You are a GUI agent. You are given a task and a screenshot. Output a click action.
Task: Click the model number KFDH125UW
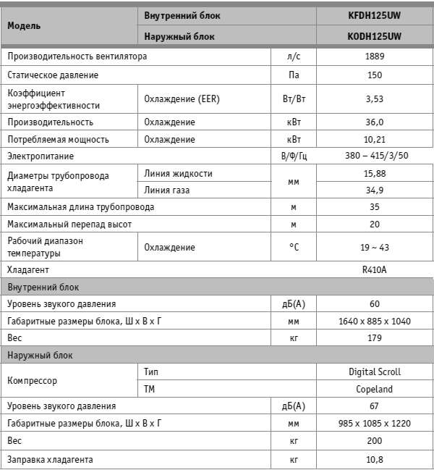[x=374, y=14]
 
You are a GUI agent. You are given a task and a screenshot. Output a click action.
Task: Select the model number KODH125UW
[x=374, y=35]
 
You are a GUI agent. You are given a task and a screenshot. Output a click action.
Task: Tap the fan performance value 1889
[x=374, y=56]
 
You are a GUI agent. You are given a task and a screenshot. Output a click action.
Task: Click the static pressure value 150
[x=374, y=75]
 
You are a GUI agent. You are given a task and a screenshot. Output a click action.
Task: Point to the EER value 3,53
[x=374, y=98]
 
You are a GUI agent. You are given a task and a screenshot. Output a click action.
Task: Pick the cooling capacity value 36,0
[x=374, y=122]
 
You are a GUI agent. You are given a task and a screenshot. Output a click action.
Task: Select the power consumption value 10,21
[x=374, y=139]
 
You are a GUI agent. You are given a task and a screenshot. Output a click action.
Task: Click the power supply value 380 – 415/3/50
[x=374, y=156]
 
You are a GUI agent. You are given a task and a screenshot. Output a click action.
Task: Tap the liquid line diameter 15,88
[x=374, y=173]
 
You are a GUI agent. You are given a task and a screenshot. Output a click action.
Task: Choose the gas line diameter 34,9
[x=374, y=190]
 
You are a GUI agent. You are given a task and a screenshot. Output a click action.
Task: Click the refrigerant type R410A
[x=374, y=269]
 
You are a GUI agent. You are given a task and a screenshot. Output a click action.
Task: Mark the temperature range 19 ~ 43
[x=374, y=247]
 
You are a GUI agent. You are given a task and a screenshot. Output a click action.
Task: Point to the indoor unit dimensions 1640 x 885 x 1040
[x=374, y=321]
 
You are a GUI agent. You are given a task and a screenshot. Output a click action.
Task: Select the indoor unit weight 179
[x=374, y=337]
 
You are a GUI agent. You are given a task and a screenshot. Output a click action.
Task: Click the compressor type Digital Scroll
[x=374, y=372]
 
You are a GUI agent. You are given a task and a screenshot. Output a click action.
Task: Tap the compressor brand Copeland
[x=374, y=389]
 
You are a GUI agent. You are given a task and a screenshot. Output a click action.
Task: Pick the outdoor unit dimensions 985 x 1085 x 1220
[x=374, y=423]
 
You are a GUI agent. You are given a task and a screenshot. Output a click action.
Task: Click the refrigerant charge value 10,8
[x=374, y=459]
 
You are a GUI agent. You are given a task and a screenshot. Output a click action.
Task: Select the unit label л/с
[x=293, y=56]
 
